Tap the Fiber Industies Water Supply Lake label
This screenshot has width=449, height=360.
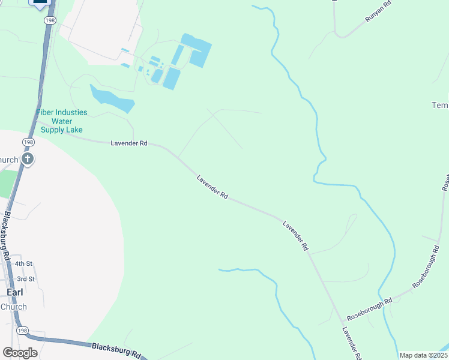click(62, 121)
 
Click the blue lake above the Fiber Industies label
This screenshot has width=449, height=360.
click(112, 99)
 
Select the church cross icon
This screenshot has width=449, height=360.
click(27, 159)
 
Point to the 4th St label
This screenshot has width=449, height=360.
click(24, 263)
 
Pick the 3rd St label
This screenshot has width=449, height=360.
click(26, 279)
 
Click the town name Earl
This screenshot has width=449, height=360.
click(14, 292)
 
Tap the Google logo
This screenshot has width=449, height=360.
click(20, 353)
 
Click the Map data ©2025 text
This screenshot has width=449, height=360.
click(424, 355)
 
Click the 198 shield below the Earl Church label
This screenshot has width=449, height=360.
click(23, 331)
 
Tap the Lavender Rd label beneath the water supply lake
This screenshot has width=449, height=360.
click(129, 143)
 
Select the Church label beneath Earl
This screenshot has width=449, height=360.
click(13, 307)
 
